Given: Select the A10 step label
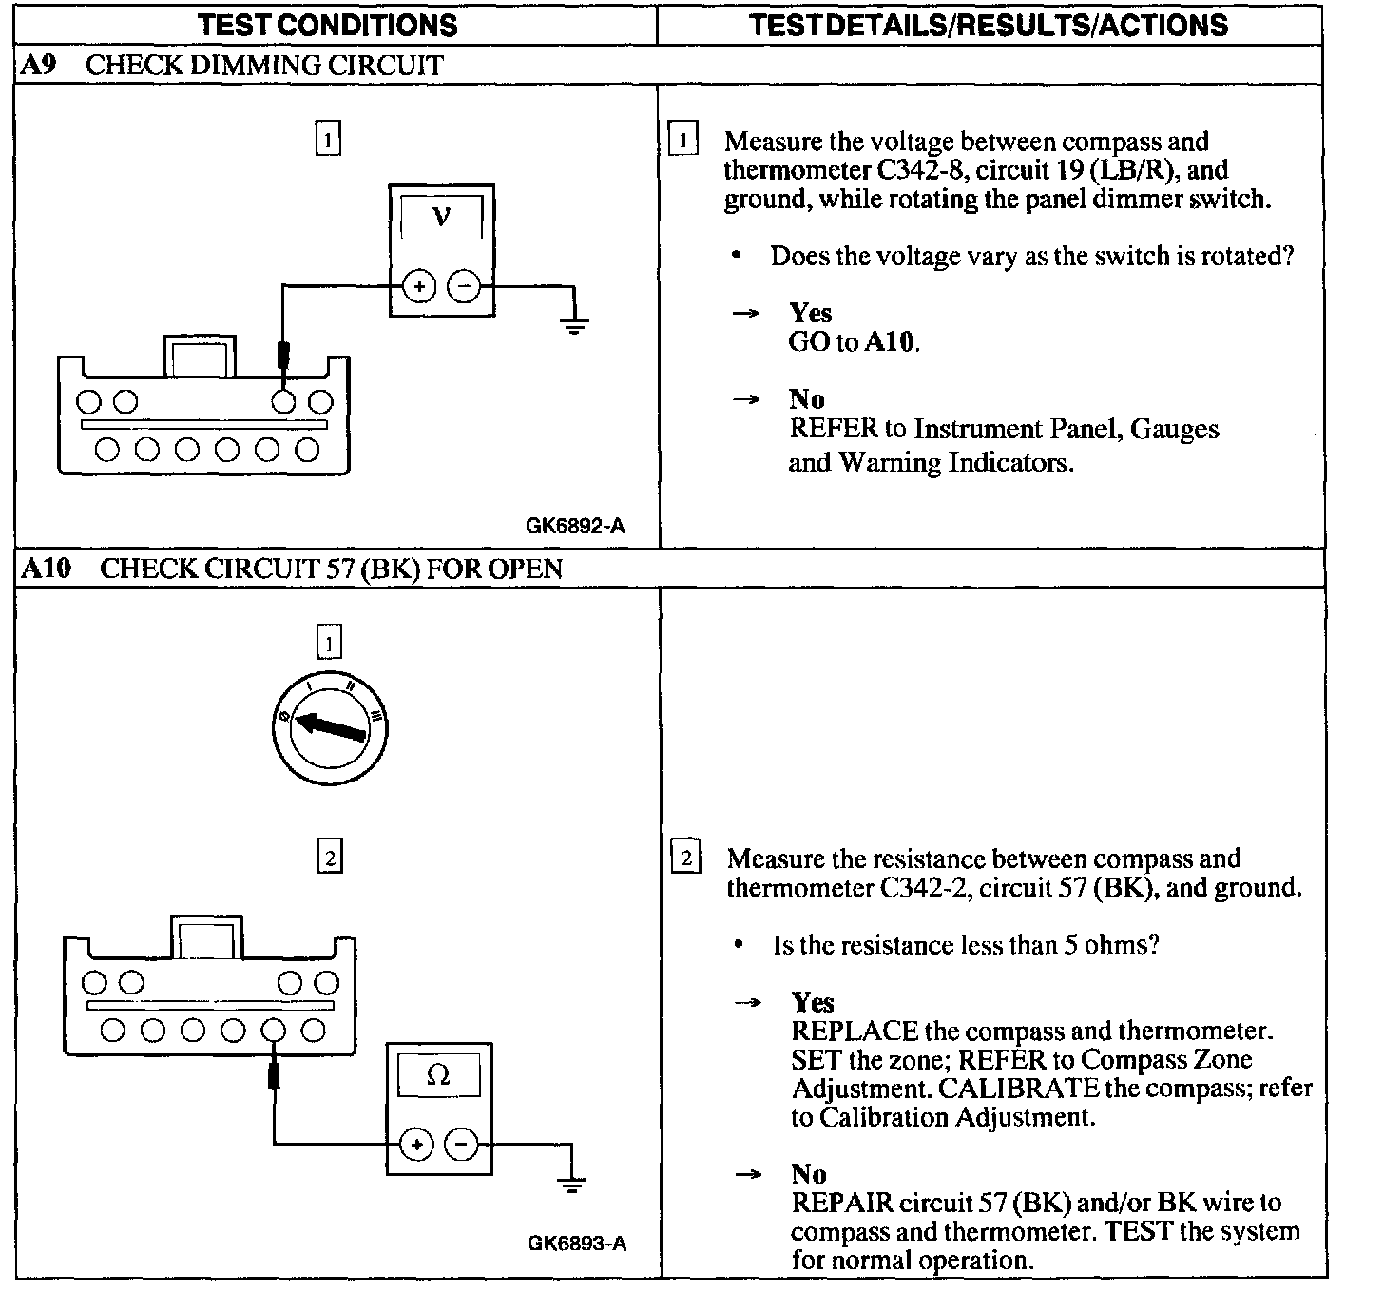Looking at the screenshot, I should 45,569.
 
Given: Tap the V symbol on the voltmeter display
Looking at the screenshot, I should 440,218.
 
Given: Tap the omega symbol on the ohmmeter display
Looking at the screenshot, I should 438,1075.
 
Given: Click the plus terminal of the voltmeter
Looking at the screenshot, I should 418,286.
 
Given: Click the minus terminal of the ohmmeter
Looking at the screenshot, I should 462,1145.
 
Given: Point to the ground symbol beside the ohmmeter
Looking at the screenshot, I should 570,1183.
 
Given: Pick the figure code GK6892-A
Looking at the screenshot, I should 575,526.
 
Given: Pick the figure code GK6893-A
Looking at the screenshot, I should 577,1244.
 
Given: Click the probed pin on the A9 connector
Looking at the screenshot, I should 282,400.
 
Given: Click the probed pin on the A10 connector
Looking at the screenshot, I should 274,1029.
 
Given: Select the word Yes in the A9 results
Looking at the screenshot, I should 810,313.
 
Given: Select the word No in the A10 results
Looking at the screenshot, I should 808,1174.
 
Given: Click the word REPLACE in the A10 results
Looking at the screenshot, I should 855,1032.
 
